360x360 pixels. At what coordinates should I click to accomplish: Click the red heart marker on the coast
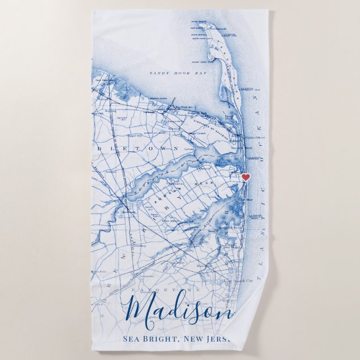click(x=245, y=177)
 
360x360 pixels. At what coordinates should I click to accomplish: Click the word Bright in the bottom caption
click(x=167, y=340)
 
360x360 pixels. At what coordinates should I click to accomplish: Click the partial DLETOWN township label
click(x=151, y=149)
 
